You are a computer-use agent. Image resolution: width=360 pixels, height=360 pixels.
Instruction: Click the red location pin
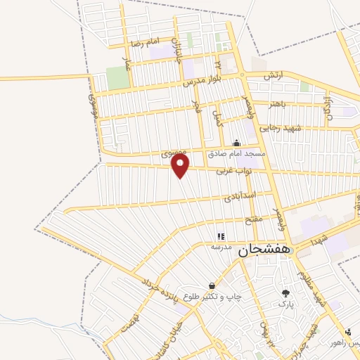tap(181, 167)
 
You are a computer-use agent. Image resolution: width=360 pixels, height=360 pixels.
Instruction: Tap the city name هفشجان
tap(264, 250)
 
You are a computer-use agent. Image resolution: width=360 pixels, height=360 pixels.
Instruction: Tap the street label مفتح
tap(253, 221)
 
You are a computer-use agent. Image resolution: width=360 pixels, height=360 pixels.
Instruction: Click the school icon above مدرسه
tap(221, 237)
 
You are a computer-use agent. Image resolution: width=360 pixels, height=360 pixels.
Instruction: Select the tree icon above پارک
tap(285, 293)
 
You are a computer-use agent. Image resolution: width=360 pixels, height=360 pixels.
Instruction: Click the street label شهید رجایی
tap(279, 127)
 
